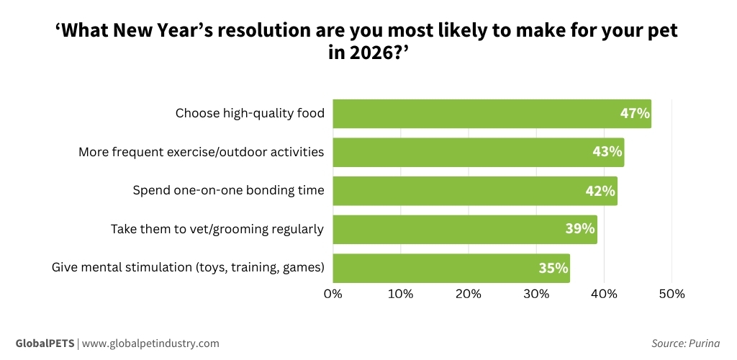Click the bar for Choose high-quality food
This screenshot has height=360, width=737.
(x=492, y=114)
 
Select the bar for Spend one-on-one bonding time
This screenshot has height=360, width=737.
(x=475, y=191)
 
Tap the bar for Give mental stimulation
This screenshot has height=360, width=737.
(x=451, y=268)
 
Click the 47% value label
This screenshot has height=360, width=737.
(x=635, y=114)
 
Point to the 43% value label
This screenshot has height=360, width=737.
(x=607, y=152)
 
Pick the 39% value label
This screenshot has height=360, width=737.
(x=580, y=229)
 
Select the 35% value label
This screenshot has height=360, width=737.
(x=553, y=268)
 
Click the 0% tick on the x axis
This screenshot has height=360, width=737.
(x=333, y=294)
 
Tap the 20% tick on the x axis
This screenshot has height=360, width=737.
(x=468, y=294)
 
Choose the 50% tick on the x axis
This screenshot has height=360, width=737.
(x=672, y=294)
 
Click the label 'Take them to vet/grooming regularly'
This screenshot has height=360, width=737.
(x=217, y=229)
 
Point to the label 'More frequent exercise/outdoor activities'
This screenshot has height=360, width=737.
(x=201, y=152)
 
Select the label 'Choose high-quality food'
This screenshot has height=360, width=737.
(x=250, y=114)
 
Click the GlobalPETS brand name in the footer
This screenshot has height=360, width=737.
(x=45, y=343)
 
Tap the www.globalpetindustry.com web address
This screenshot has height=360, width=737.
(x=150, y=343)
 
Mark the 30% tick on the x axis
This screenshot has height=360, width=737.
(x=536, y=294)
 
